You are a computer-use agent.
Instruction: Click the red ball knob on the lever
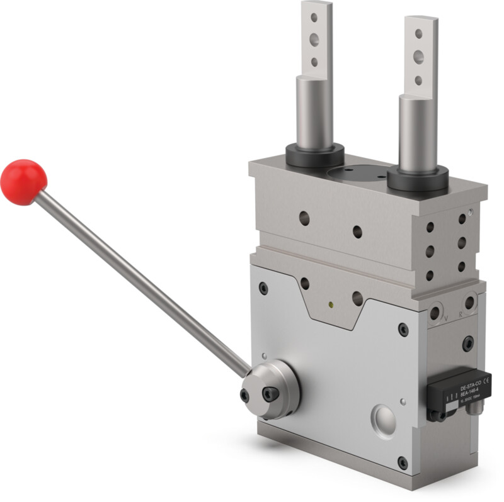(x=23, y=182)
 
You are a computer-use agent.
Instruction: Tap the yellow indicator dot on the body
(x=331, y=305)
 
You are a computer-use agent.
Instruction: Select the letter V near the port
(x=447, y=318)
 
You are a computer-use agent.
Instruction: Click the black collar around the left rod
(x=314, y=155)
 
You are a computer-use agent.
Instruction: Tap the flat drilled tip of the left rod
(x=315, y=35)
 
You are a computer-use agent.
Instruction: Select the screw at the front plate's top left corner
(x=263, y=288)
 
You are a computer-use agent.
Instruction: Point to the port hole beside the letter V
(x=435, y=311)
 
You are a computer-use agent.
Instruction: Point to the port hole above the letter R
(x=470, y=302)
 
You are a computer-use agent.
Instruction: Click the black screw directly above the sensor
(x=467, y=343)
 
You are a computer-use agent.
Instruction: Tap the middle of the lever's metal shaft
(x=142, y=283)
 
